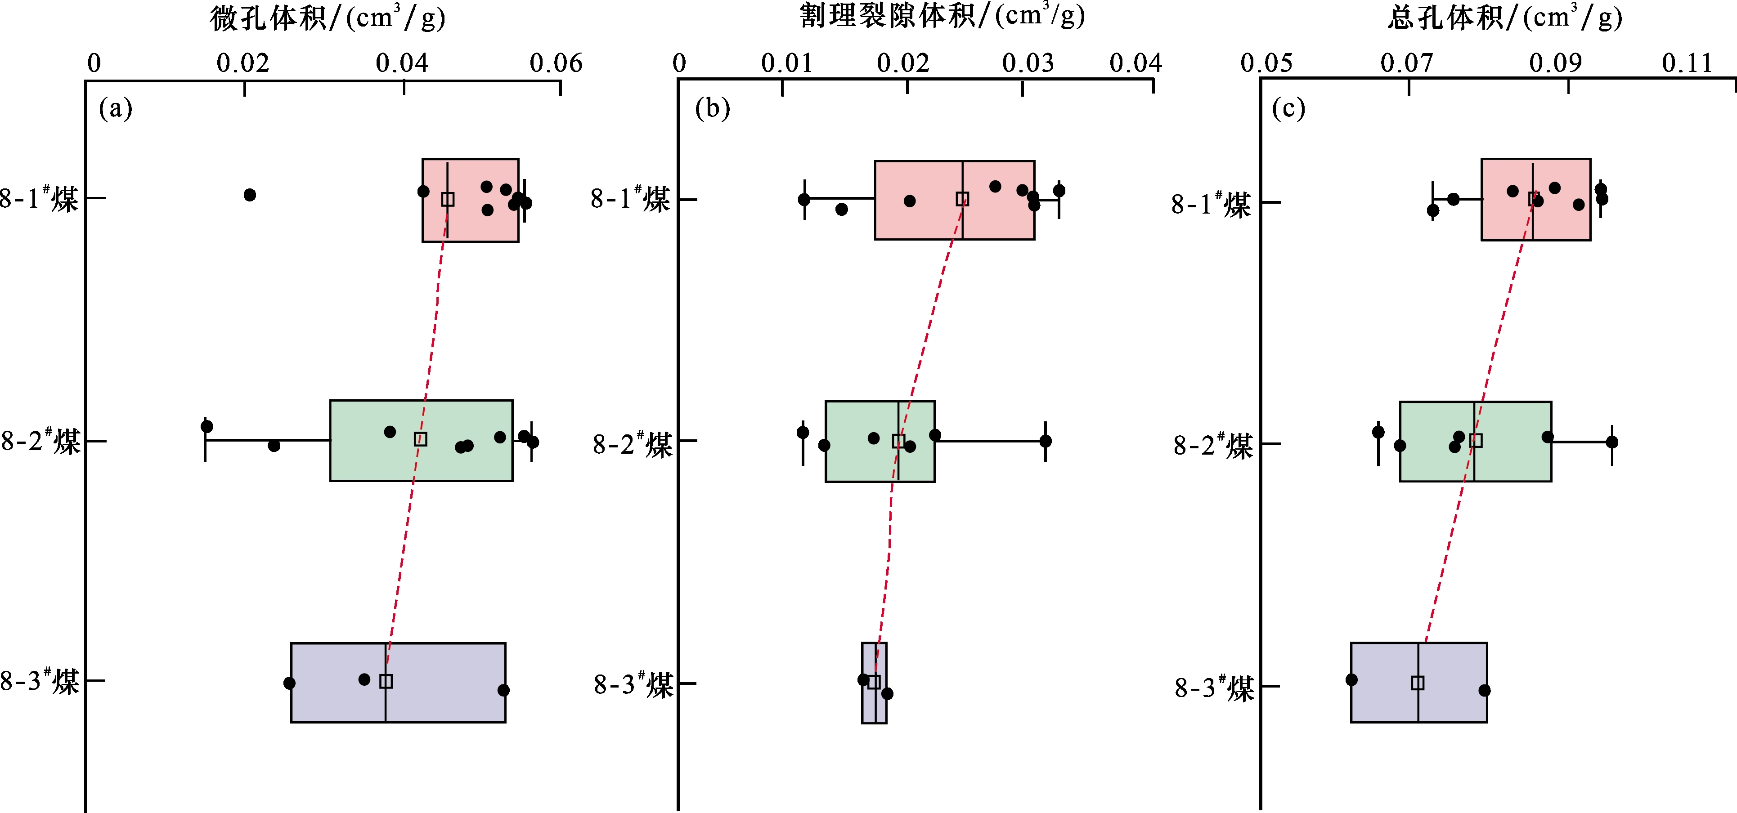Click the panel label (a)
coord(115,108)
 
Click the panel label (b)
coord(713,108)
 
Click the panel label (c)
coord(1288,108)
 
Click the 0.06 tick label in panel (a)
coord(556,63)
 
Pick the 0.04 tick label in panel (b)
coord(1136,63)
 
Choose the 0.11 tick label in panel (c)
coord(1687,63)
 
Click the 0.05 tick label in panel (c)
coord(1266,63)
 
